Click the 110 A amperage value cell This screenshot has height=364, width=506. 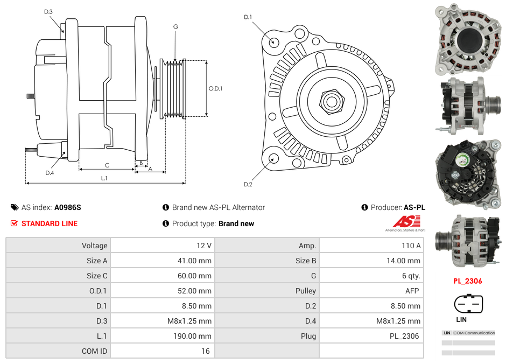pyautogui.click(x=411, y=246)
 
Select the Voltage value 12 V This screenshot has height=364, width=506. pyautogui.click(x=203, y=246)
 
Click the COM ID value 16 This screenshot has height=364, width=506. pyautogui.click(x=205, y=351)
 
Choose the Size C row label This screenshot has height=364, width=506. pyautogui.click(x=97, y=276)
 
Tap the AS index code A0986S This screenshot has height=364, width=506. pyautogui.click(x=67, y=207)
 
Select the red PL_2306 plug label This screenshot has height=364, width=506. pyautogui.click(x=467, y=281)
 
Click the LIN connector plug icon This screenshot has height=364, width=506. pyautogui.click(x=465, y=304)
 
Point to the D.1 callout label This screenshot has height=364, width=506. pyautogui.click(x=248, y=17)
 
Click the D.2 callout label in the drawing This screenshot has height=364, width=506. pyautogui.click(x=248, y=185)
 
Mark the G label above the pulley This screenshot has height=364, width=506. pyautogui.click(x=175, y=26)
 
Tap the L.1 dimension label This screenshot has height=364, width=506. pyautogui.click(x=104, y=178)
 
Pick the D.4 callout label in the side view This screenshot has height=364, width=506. pyautogui.click(x=50, y=173)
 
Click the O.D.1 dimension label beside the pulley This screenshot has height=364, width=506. pyautogui.click(x=215, y=88)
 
